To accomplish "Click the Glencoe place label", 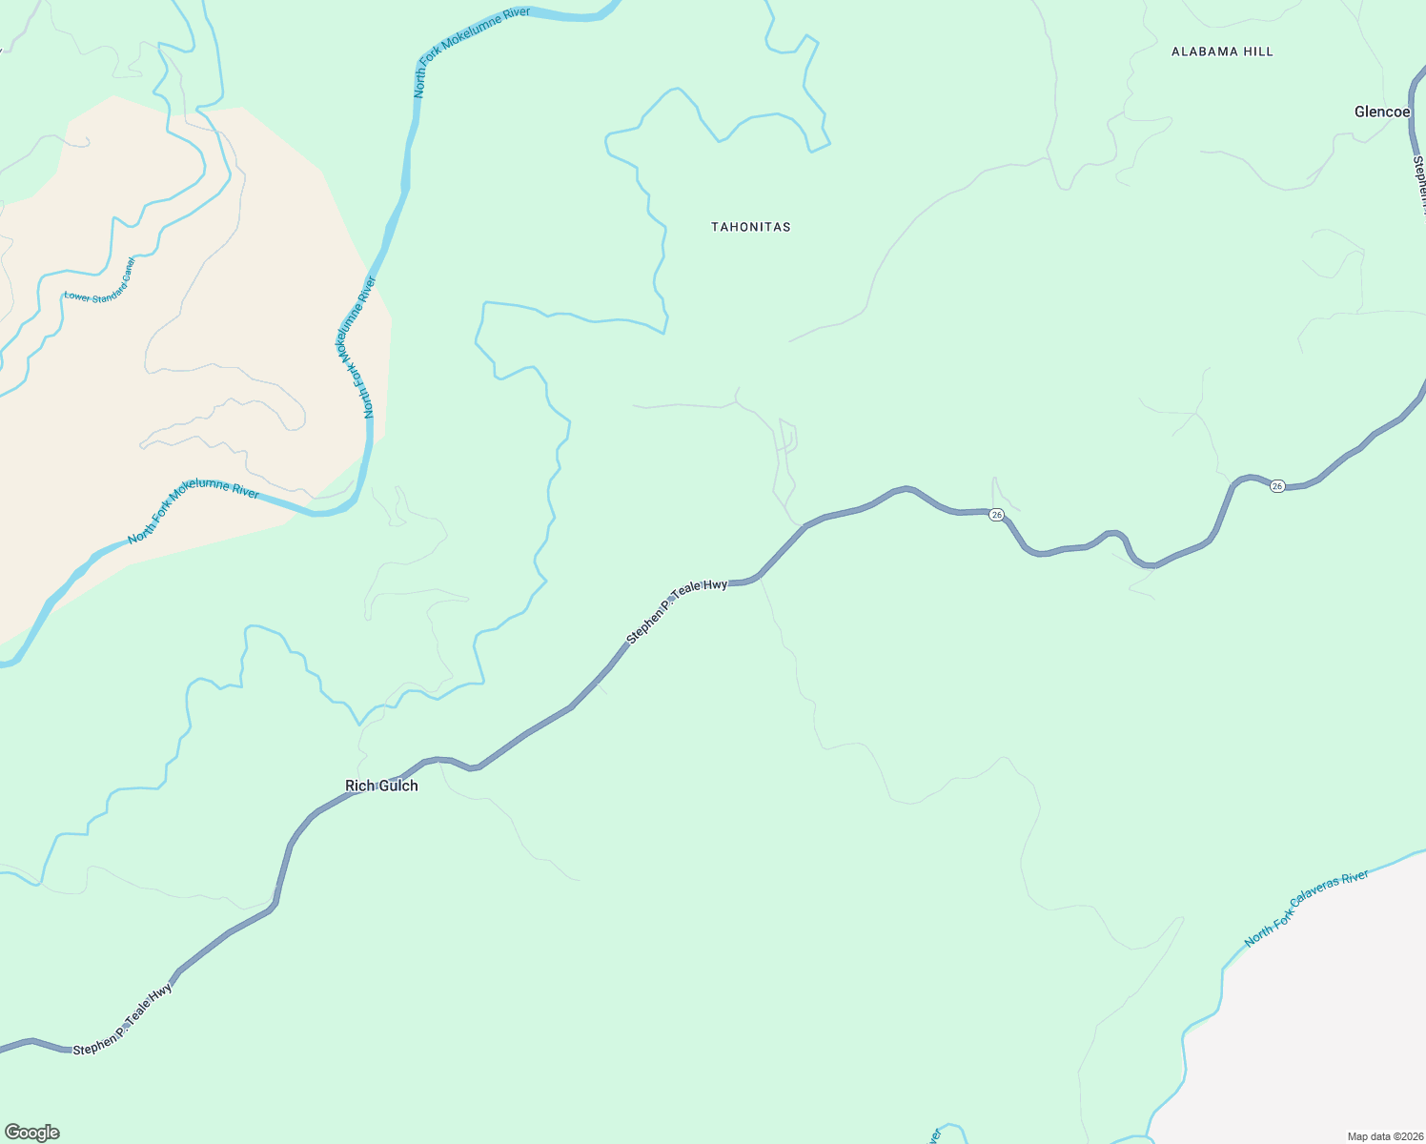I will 1381,112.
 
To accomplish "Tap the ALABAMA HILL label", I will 1222,51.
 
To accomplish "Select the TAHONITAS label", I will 751,227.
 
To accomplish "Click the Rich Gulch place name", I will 381,786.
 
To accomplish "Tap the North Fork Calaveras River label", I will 1306,909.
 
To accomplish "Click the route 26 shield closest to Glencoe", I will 1277,486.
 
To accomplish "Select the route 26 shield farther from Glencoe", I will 996,515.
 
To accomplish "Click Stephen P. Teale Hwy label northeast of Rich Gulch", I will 677,611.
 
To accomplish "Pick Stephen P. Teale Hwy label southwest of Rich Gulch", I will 123,1017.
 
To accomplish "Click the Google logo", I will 31,1133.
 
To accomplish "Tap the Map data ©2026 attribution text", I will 1385,1136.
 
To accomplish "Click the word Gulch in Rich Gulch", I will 398,786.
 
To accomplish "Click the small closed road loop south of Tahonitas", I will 787,436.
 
